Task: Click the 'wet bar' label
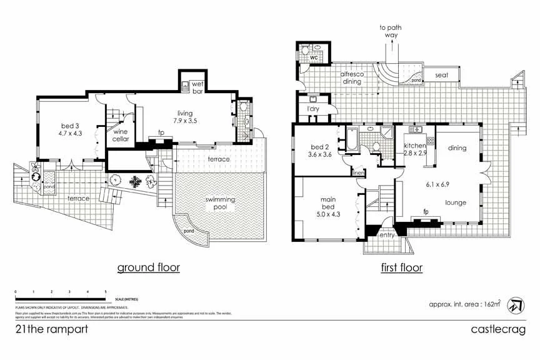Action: pyautogui.click(x=197, y=88)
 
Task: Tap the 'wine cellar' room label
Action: pyautogui.click(x=121, y=135)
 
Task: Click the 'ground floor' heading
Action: pyautogui.click(x=149, y=267)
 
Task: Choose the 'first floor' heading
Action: pyautogui.click(x=402, y=267)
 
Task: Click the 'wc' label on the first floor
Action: pyautogui.click(x=314, y=58)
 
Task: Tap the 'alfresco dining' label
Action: pyautogui.click(x=352, y=77)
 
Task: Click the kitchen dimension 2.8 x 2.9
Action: pyautogui.click(x=415, y=152)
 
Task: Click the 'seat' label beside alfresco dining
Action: pyautogui.click(x=441, y=76)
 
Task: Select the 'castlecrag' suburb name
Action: pyautogui.click(x=498, y=329)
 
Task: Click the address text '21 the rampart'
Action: pyautogui.click(x=51, y=329)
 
